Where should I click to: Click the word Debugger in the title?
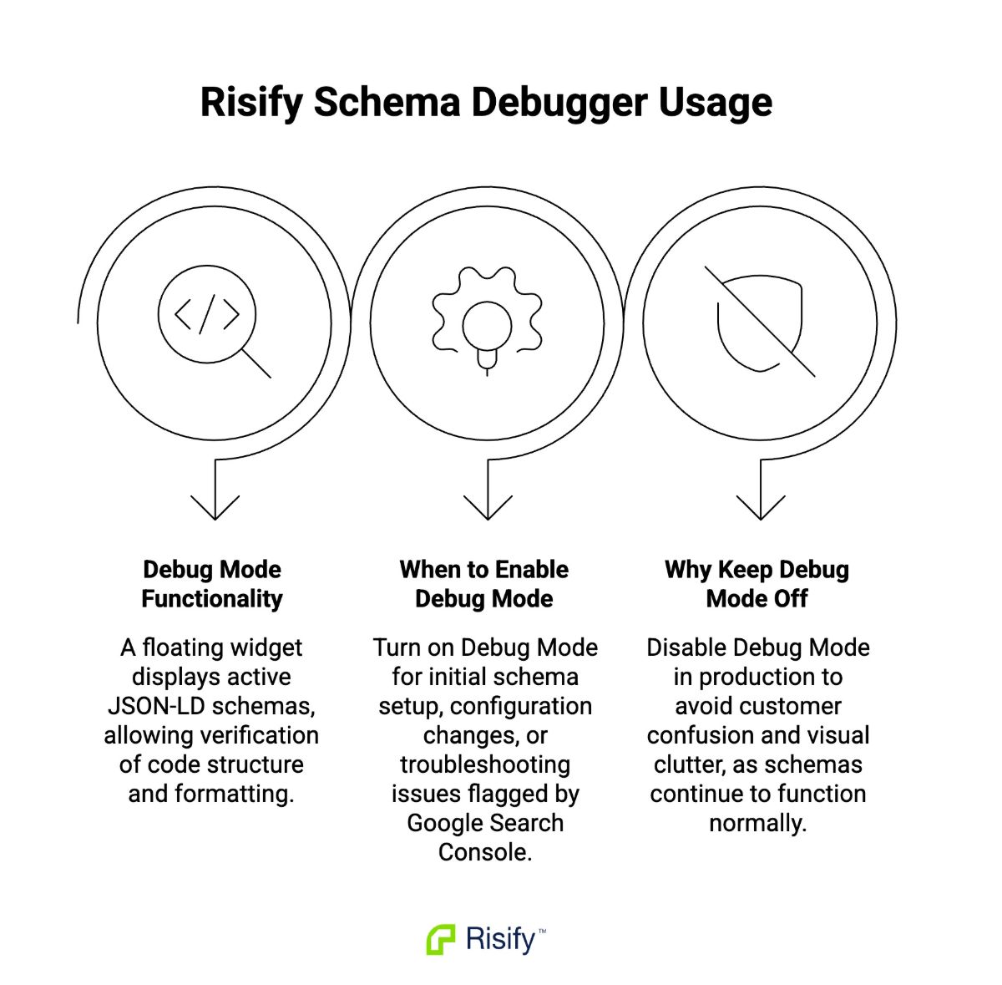[x=559, y=103]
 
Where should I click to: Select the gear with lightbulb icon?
[x=487, y=319]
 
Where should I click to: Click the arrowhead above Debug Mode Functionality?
[x=215, y=506]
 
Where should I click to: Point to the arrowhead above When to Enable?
[x=488, y=506]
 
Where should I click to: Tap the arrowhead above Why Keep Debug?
[x=761, y=506]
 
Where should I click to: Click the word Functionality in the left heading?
[x=212, y=599]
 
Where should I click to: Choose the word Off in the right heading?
[x=790, y=599]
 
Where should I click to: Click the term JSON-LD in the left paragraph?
[x=156, y=706]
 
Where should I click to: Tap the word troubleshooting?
[x=485, y=764]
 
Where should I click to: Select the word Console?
[x=484, y=852]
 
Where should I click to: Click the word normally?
[x=757, y=823]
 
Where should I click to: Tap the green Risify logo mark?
[x=441, y=939]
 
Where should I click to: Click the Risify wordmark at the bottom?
[x=501, y=939]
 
